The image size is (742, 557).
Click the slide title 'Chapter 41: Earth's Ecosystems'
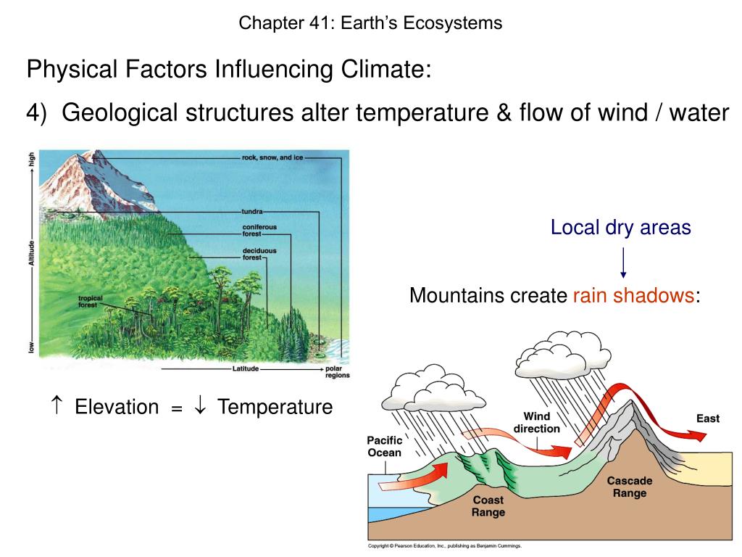pyautogui.click(x=370, y=23)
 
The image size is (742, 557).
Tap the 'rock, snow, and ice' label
pyautogui.click(x=272, y=157)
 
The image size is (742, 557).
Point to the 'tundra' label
pyautogui.click(x=252, y=212)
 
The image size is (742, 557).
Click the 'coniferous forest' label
pyautogui.click(x=259, y=231)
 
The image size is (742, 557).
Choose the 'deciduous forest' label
pyautogui.click(x=259, y=254)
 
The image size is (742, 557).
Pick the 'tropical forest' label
pyautogui.click(x=91, y=302)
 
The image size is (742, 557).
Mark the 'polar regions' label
pyautogui.click(x=337, y=371)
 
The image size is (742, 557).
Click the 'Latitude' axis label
pyautogui.click(x=245, y=369)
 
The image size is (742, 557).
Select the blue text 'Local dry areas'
pyautogui.click(x=620, y=228)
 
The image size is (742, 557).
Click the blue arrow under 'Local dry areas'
pyautogui.click(x=623, y=263)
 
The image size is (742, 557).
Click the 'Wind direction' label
pyautogui.click(x=536, y=422)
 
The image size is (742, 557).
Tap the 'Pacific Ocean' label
pyautogui.click(x=384, y=447)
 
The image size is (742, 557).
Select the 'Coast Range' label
pyautogui.click(x=488, y=506)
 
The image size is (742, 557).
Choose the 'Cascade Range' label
pyautogui.click(x=629, y=487)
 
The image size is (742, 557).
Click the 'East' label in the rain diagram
pyautogui.click(x=708, y=418)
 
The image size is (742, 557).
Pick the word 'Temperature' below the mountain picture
pyautogui.click(x=275, y=407)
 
